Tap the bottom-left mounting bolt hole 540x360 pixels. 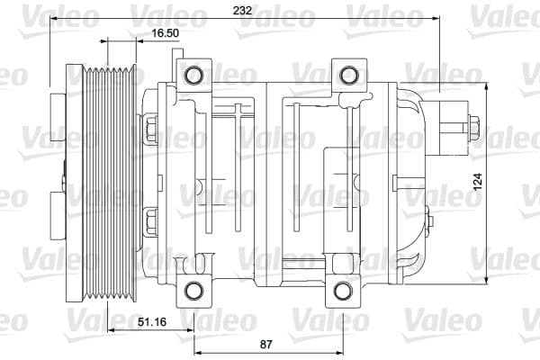(x=192, y=290)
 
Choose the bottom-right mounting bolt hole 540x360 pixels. (x=342, y=290)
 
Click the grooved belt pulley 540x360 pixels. (x=108, y=180)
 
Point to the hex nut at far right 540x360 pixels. (x=472, y=130)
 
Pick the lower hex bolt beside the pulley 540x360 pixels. (x=149, y=217)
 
